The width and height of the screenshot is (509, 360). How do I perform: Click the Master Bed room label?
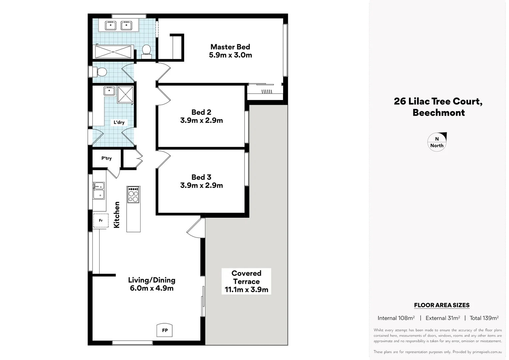tap(230, 51)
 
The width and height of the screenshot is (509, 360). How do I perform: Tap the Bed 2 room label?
tap(201, 116)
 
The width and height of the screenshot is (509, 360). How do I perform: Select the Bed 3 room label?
tap(201, 181)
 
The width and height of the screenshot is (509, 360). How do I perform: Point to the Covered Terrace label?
tap(246, 281)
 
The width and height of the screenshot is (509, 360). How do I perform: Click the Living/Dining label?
tap(152, 284)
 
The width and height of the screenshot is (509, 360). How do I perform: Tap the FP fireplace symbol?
tap(165, 330)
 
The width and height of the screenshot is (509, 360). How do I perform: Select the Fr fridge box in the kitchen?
tap(100, 221)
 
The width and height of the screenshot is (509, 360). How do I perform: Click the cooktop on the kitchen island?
tap(133, 195)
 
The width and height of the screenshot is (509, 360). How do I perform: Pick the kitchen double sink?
tap(99, 190)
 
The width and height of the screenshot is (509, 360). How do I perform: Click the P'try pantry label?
tap(107, 158)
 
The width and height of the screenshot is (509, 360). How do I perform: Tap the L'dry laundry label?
tap(119, 122)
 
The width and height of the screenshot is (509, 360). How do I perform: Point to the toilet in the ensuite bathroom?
tap(146, 51)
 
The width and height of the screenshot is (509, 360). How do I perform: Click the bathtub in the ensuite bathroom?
tap(113, 52)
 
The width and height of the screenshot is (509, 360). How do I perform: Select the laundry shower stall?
tap(125, 94)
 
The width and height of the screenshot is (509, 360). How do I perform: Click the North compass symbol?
tap(437, 142)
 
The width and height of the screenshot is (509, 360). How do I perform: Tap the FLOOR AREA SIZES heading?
tap(441, 305)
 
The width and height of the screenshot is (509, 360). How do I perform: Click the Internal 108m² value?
tap(396, 318)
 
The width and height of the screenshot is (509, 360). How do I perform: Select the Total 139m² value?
tap(484, 318)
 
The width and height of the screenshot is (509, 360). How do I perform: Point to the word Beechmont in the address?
tap(438, 113)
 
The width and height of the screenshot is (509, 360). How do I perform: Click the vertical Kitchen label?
tap(117, 215)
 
